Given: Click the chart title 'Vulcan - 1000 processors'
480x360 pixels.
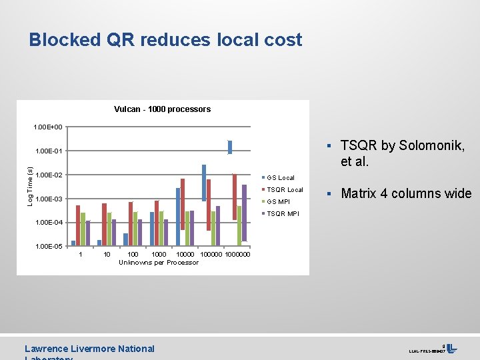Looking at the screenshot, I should coord(162,109).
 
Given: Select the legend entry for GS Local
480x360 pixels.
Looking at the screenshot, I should coord(281,178).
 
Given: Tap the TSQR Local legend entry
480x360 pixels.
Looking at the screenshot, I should coord(285,190).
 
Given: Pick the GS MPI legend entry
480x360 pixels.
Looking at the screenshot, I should coord(278,202).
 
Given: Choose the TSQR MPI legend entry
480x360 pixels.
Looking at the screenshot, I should coord(283,214).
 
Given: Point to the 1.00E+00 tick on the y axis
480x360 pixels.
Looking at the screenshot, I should coord(49,127).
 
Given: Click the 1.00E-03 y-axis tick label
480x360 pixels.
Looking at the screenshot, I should coord(49,199).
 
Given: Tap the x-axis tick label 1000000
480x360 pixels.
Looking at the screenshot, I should coord(238,254).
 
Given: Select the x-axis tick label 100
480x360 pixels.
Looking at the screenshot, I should coord(133,254).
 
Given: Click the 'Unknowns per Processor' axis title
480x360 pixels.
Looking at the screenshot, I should coord(159,263).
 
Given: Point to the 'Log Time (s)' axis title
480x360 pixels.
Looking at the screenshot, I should coord(29,186).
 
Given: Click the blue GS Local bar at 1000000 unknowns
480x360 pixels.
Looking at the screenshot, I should coord(230,147).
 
